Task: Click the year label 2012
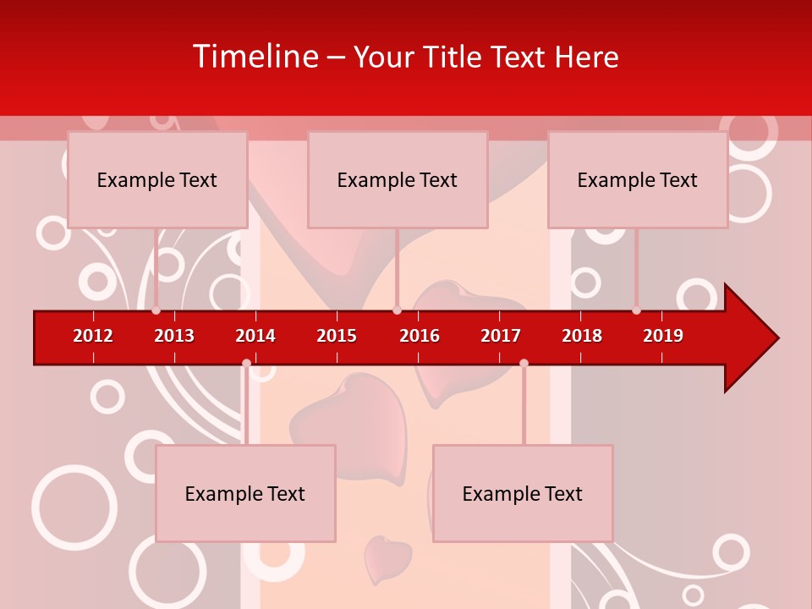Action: [93, 336]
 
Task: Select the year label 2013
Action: [174, 336]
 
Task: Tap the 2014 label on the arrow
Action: [255, 336]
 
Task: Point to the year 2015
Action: [337, 336]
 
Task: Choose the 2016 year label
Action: [420, 336]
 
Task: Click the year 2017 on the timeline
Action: [501, 336]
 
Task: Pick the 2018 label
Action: [582, 336]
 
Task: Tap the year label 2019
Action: [663, 336]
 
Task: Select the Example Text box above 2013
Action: [157, 179]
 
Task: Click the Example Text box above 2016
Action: [398, 179]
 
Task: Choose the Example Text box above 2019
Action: [638, 179]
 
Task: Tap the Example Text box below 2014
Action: [245, 493]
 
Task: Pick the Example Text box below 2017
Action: [523, 493]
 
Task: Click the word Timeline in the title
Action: [255, 57]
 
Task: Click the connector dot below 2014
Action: [246, 363]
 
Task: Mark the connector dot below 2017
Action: [524, 363]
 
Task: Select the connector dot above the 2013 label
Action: [156, 310]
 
